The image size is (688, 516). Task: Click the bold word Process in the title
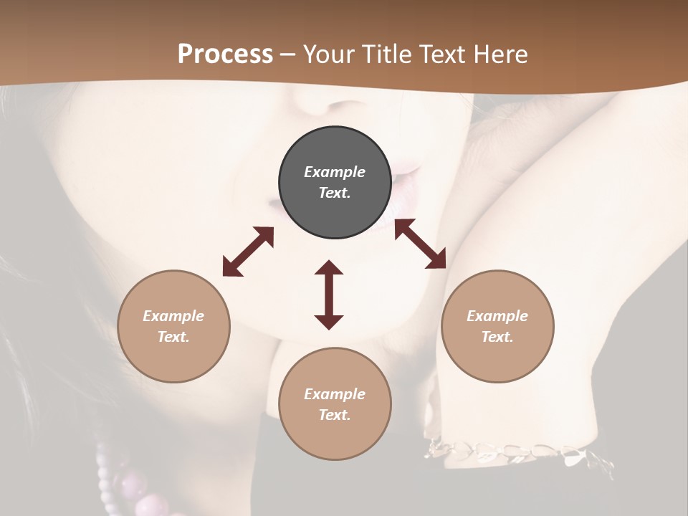[x=225, y=54]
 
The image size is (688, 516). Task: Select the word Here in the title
[x=502, y=54]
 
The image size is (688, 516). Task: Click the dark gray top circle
[x=335, y=182]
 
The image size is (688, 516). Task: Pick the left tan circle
[x=173, y=326]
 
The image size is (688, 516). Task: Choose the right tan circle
[x=497, y=326]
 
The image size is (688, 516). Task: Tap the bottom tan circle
[x=335, y=403]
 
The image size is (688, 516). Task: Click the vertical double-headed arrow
[x=329, y=295]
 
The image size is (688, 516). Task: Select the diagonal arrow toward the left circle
[x=248, y=252]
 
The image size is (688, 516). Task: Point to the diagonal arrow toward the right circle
[x=421, y=244]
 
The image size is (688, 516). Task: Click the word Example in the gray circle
[x=335, y=172]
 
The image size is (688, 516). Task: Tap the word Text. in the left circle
[x=173, y=337]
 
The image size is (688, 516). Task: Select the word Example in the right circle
[x=497, y=316]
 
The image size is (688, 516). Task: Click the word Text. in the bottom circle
[x=335, y=415]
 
